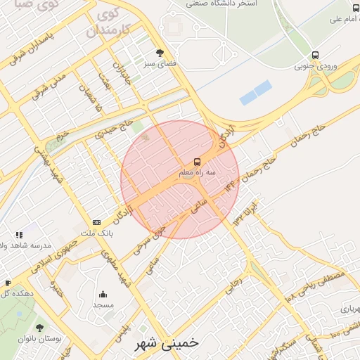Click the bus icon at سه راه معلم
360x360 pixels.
[x=196, y=161]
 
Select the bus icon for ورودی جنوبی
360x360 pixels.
[x=315, y=55]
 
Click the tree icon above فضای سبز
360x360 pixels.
[x=160, y=53]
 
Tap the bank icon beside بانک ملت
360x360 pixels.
[x=96, y=222]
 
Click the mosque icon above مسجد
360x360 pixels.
[x=103, y=295]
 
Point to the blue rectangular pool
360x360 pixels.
[x=255, y=93]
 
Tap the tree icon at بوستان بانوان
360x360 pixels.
[x=39, y=328]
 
